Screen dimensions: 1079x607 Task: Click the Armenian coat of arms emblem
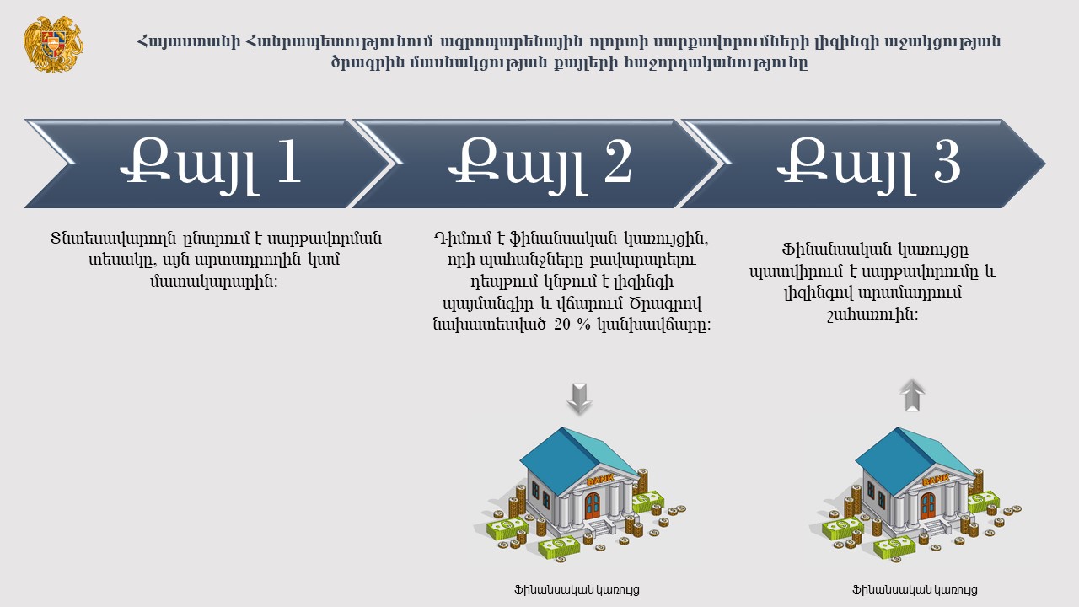pos(53,44)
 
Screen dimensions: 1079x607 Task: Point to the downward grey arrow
pos(579,399)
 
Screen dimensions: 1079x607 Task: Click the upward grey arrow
pos(912,395)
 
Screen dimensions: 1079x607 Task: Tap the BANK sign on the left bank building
pos(600,479)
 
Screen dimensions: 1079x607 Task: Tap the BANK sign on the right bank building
pos(936,480)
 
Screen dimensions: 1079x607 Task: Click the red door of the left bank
pos(593,506)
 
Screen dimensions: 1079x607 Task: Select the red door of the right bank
pos(928,506)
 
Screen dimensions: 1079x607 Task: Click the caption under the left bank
pos(577,589)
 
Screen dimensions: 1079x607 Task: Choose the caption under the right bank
pos(915,589)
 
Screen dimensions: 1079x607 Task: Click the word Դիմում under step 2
pos(463,238)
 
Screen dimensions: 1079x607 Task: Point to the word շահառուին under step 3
pos(872,315)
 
